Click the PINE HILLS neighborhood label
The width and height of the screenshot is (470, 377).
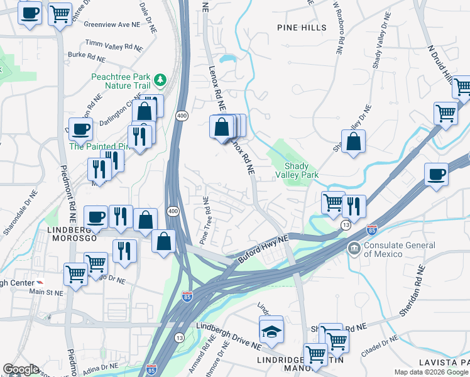302,28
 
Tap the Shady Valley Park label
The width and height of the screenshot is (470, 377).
297,168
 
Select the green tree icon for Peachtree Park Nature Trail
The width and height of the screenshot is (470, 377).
160,79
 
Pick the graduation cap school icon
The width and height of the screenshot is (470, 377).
271,330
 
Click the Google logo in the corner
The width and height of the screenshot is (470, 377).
21,369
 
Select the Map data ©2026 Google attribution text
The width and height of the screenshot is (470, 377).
431,372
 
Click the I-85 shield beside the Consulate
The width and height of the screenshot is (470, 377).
371,231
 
